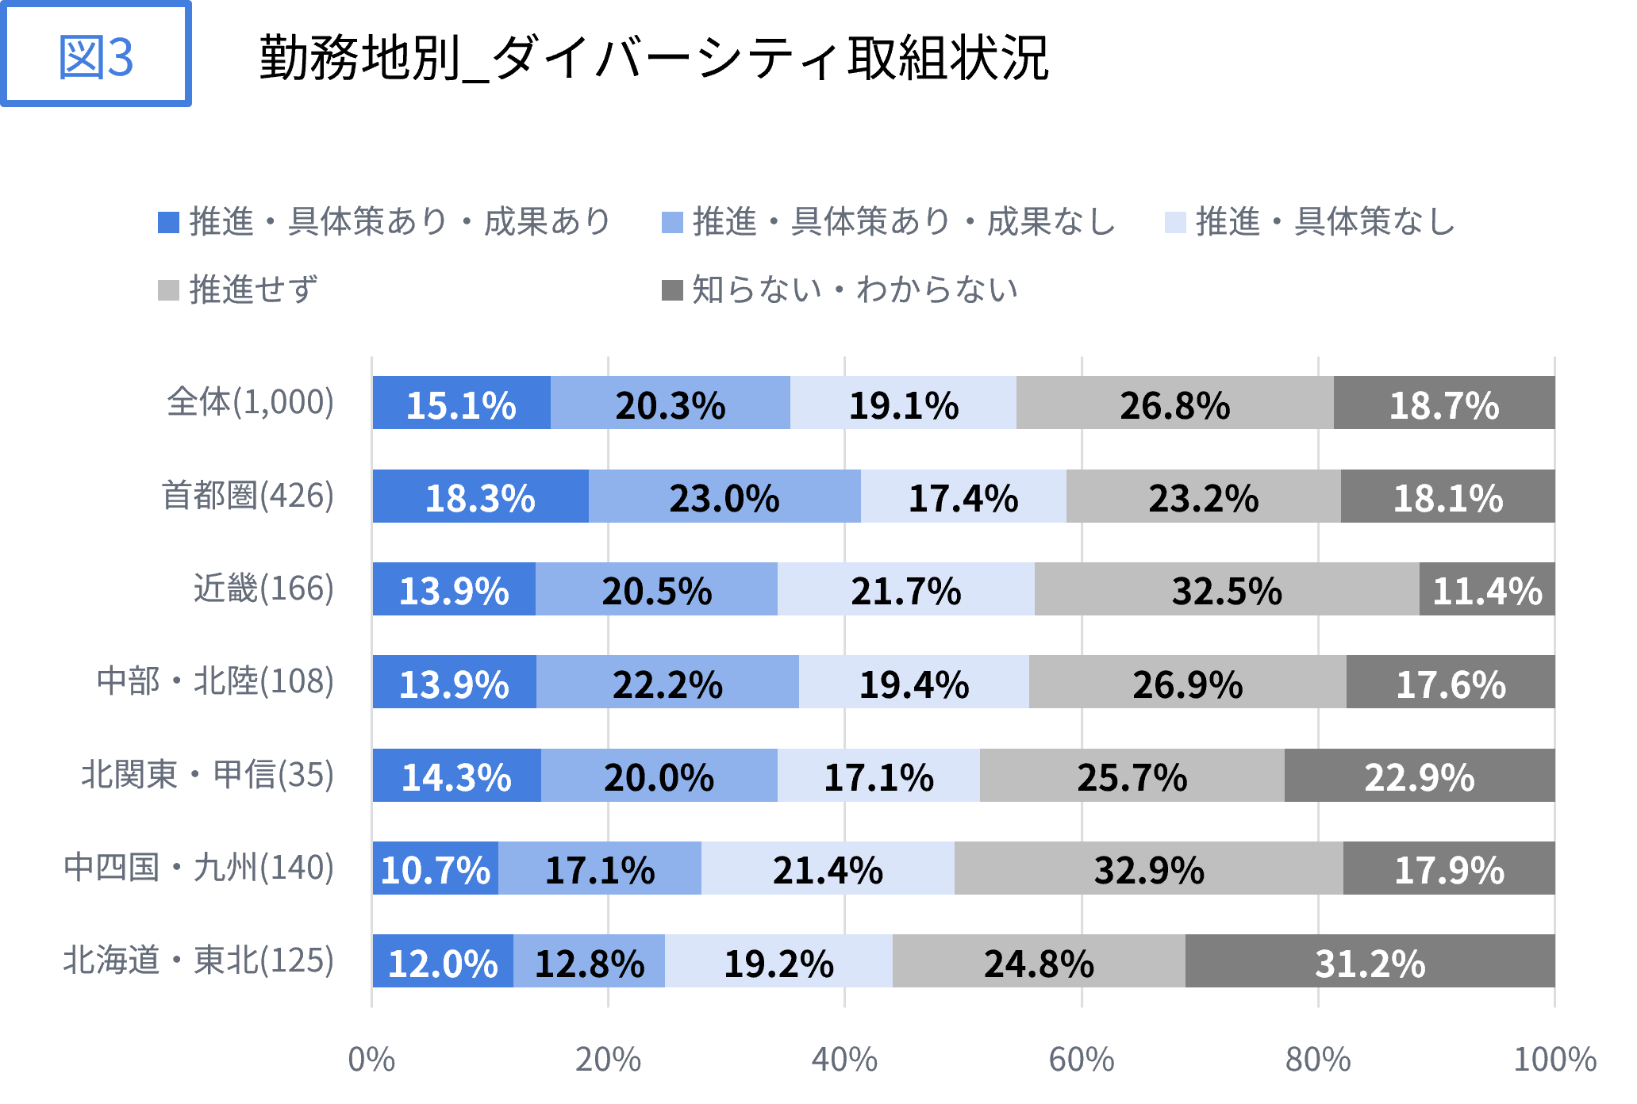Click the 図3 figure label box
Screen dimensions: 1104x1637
click(96, 56)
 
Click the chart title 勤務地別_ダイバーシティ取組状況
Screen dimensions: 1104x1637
click(654, 57)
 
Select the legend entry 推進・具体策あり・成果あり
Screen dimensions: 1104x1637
click(386, 222)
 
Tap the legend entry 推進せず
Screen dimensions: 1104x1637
click(239, 290)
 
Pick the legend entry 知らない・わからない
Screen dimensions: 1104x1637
click(840, 290)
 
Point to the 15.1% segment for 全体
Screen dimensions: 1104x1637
click(461, 404)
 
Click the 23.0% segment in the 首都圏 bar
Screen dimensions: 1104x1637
click(724, 497)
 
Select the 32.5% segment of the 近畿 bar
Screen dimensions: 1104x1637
click(1227, 590)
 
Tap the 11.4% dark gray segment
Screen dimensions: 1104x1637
click(1487, 590)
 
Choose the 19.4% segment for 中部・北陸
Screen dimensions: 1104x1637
click(914, 683)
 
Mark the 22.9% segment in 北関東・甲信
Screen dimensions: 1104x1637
click(1419, 776)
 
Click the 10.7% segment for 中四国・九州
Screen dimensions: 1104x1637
click(436, 868)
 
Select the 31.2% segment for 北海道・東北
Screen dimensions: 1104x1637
click(1370, 962)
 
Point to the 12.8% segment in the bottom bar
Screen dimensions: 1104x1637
click(590, 962)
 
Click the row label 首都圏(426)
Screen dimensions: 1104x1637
click(248, 496)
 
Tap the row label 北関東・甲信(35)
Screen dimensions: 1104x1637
click(208, 774)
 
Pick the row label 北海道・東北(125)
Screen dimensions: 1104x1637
click(198, 960)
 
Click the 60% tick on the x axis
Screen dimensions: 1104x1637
click(1082, 1060)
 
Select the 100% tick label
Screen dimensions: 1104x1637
click(1554, 1060)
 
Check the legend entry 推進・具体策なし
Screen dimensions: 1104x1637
click(1310, 222)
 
